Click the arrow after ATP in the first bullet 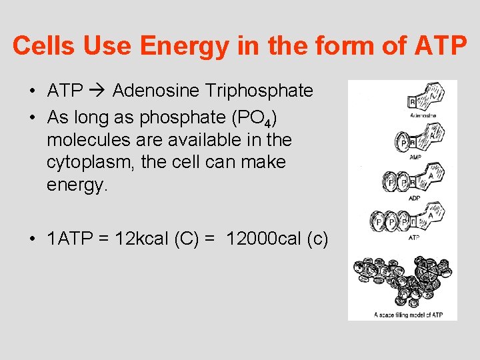pos(97,91)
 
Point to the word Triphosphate pos(260,91)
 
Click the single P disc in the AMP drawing pos(403,142)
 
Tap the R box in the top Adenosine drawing pos(413,101)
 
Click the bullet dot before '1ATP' pos(33,239)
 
